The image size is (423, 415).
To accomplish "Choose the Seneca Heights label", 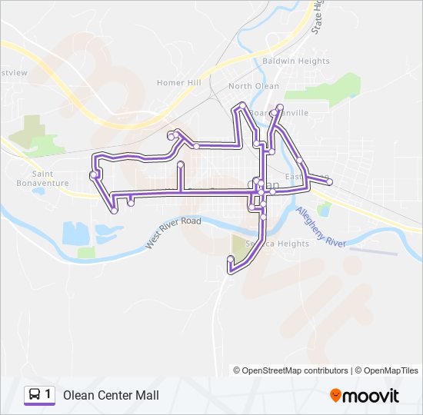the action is (x=277, y=244).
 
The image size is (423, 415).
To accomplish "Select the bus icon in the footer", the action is (x=35, y=395).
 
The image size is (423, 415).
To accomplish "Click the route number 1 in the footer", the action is (x=48, y=395).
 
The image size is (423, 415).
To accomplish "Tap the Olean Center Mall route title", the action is (x=112, y=395).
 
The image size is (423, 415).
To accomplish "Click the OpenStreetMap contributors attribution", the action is (x=291, y=370).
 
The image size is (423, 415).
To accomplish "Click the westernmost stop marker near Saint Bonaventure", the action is (x=93, y=174).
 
